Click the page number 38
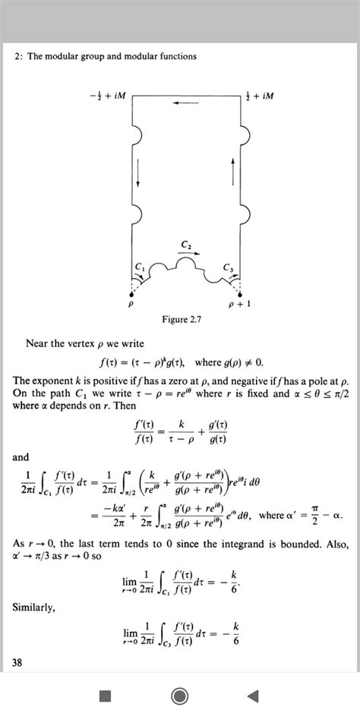[x=18, y=663]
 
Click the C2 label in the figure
[x=187, y=243]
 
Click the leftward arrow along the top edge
[x=188, y=103]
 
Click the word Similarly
[x=33, y=607]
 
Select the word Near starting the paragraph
[x=38, y=343]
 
